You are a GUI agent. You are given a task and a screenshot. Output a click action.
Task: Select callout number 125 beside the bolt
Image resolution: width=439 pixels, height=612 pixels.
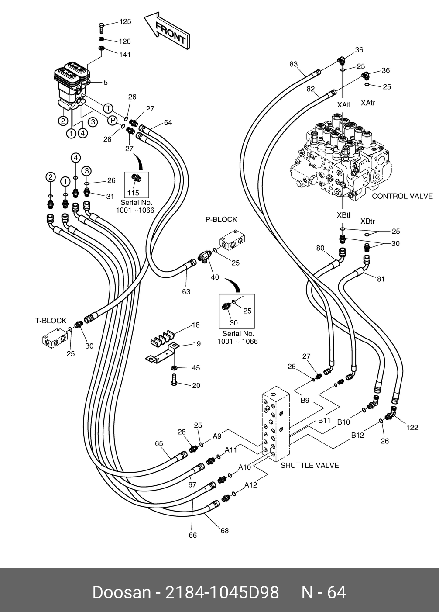coord(125,21)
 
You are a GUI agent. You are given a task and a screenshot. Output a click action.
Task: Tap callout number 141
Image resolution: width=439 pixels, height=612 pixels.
coord(125,55)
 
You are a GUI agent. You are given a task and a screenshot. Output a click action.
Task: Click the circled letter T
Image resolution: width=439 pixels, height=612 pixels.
coord(108,108)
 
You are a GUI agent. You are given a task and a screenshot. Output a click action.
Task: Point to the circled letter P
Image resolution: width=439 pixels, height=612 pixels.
coord(113,120)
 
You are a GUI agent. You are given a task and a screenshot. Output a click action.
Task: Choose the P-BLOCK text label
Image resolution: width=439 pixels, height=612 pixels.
coord(221,220)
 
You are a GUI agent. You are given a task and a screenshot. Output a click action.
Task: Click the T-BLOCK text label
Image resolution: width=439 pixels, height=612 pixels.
coord(51,321)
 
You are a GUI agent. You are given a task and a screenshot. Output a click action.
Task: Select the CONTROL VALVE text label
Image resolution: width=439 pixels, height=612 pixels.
coord(402,196)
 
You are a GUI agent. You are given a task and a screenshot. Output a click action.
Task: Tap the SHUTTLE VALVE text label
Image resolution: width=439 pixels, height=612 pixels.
coord(309,465)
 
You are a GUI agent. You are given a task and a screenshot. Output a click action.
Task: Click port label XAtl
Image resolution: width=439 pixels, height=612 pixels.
coord(344,105)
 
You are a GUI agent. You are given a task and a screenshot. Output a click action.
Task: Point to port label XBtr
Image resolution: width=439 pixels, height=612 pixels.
coord(368,221)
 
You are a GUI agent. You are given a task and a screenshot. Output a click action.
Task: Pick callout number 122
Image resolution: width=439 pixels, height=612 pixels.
coord(412,428)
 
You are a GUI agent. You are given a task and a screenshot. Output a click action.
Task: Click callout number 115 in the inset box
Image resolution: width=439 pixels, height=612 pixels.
coord(133,193)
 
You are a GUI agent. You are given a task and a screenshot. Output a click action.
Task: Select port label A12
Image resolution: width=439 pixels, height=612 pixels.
coord(250,485)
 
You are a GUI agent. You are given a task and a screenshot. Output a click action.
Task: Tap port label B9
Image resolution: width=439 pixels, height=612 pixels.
coord(305,400)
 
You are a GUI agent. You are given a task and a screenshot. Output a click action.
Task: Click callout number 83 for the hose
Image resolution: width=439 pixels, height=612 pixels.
coord(294,64)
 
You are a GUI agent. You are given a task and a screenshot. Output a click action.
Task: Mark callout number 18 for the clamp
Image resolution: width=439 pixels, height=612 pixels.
coord(196,325)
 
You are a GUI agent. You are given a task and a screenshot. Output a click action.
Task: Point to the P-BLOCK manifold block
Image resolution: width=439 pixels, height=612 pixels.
coord(232,240)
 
